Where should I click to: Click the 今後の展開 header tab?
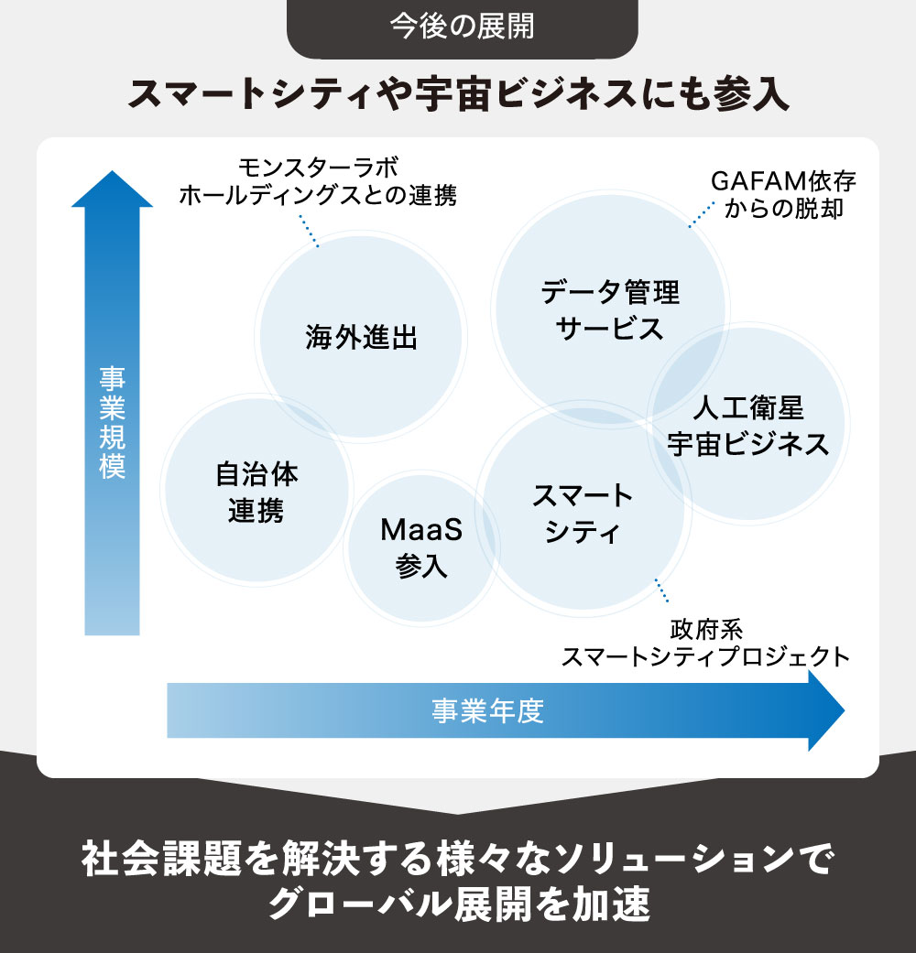[x=462, y=27]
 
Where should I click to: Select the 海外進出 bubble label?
[x=361, y=338]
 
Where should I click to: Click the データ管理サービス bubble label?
[x=610, y=309]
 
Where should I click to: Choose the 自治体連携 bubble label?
[x=256, y=493]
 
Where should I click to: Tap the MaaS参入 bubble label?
[x=421, y=547]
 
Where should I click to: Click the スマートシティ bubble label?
[x=583, y=513]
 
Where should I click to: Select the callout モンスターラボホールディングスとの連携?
[x=318, y=181]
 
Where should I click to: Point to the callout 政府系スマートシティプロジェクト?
[x=705, y=644]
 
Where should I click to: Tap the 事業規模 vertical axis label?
[x=112, y=422]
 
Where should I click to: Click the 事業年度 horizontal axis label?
[x=488, y=710]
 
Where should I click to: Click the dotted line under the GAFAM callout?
[x=702, y=213]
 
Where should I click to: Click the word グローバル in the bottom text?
[x=348, y=905]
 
